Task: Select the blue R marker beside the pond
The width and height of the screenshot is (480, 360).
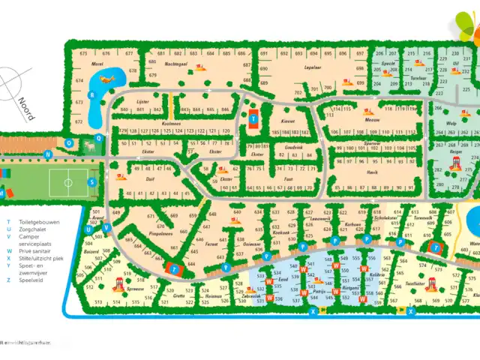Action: coord(91,95)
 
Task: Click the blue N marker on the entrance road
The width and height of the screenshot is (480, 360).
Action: coord(47,155)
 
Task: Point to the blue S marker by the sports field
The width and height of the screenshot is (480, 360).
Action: coord(92,181)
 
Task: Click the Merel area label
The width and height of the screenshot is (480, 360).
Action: coord(97,65)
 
